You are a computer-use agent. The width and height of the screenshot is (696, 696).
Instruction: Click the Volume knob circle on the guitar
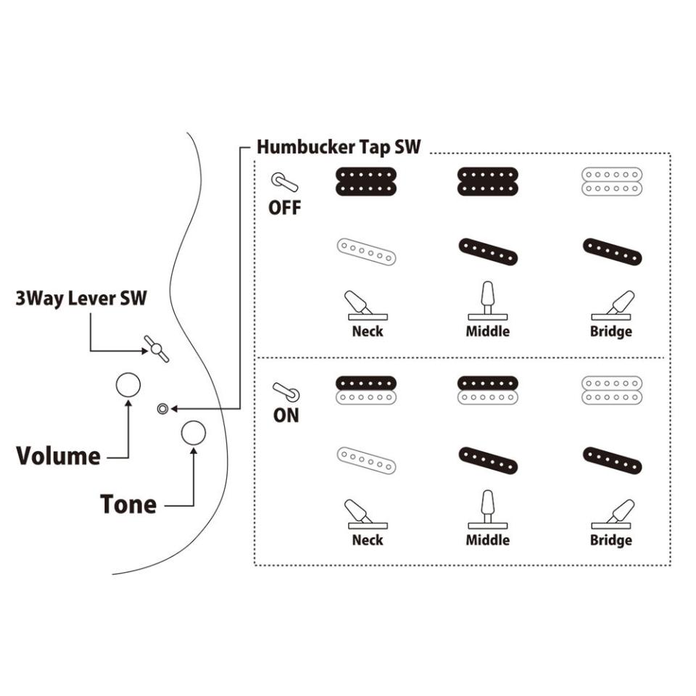(x=128, y=385)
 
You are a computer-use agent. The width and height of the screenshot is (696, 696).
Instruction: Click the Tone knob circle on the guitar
(x=194, y=433)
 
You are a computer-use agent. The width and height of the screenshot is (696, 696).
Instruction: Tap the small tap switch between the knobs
(x=162, y=409)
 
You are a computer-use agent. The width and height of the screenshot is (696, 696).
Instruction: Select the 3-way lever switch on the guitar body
(x=156, y=349)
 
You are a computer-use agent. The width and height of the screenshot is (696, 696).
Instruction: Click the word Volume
(x=58, y=456)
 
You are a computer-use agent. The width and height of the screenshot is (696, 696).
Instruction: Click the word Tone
(x=128, y=504)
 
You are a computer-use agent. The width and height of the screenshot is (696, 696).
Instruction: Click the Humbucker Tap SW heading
(x=339, y=147)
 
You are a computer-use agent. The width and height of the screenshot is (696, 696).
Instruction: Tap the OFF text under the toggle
(x=285, y=208)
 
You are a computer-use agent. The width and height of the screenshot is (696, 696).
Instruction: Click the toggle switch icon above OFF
(x=281, y=181)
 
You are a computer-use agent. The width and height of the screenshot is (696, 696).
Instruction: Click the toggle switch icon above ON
(x=285, y=391)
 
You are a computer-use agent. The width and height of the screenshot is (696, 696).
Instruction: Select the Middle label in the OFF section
(x=488, y=331)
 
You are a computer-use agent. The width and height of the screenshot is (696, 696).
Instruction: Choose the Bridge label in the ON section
(x=611, y=540)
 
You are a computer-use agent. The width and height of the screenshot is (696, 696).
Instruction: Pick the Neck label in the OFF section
(x=367, y=331)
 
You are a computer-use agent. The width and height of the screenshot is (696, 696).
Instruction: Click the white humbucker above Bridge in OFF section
(x=613, y=181)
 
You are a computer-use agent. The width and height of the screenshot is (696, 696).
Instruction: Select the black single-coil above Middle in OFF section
(x=488, y=252)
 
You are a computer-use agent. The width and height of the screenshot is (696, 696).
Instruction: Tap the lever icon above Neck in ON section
(x=362, y=513)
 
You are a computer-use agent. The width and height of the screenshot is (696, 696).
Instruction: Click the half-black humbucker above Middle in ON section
(x=488, y=389)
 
